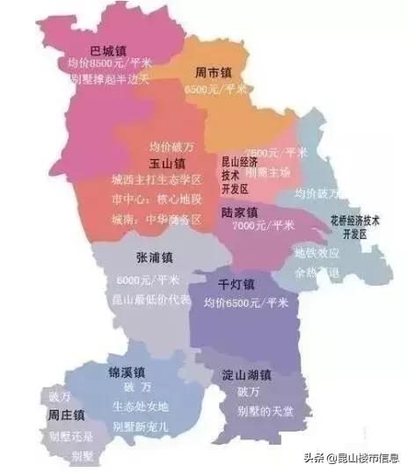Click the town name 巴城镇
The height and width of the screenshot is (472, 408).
110,50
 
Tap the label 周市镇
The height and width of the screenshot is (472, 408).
215,75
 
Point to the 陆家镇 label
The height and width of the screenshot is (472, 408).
238,212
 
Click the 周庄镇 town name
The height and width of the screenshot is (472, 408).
67,414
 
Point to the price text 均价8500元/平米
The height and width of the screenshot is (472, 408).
108,64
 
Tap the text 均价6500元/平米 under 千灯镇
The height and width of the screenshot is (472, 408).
246,302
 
